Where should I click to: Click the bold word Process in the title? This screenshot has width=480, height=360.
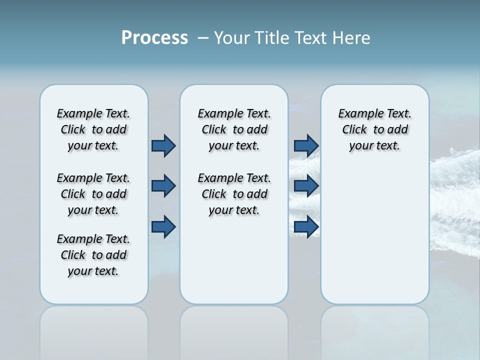154,38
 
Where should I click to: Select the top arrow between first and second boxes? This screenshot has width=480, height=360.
163,145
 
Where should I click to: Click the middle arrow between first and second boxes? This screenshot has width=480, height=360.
163,186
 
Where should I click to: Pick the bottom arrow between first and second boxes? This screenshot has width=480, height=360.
163,227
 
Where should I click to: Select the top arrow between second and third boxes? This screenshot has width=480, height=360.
306,145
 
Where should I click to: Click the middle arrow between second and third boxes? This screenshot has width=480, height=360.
306,186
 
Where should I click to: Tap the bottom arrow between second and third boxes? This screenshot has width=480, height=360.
306,227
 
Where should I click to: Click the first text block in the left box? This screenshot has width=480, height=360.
93,129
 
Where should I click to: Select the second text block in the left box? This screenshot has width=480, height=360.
93,194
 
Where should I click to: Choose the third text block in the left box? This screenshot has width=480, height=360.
93,255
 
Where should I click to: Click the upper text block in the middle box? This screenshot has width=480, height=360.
234,129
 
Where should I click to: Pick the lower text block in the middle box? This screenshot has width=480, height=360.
234,194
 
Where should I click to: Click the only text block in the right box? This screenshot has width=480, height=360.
374,129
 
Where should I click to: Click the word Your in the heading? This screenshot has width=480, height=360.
231,38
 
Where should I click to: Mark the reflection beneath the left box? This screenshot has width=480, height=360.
94,330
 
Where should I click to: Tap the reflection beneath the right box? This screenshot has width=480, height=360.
375,330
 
